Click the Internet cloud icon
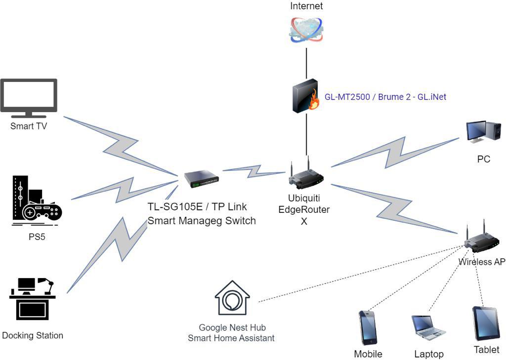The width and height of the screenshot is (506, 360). [306, 30]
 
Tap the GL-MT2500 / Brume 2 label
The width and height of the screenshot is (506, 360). [385, 97]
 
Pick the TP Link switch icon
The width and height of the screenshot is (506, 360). [201, 179]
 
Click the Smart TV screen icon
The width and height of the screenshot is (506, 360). [29, 98]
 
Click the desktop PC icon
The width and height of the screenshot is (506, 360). [483, 132]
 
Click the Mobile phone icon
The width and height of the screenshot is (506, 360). [368, 327]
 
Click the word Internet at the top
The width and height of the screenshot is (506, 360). [306, 6]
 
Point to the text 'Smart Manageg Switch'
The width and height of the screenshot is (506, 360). [202, 221]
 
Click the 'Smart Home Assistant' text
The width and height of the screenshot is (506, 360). [231, 338]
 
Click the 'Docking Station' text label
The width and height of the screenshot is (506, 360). [33, 336]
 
